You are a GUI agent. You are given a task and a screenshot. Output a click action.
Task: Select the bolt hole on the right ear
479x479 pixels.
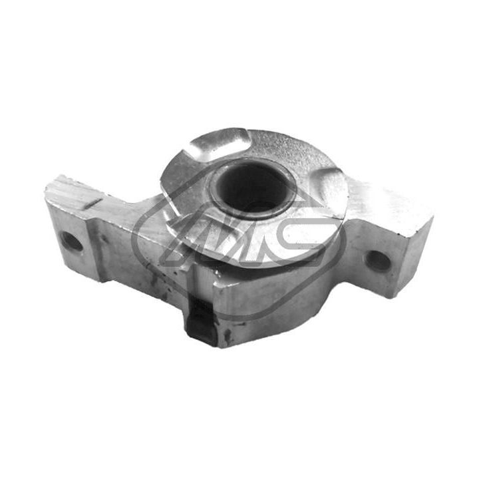pos(379,260)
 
